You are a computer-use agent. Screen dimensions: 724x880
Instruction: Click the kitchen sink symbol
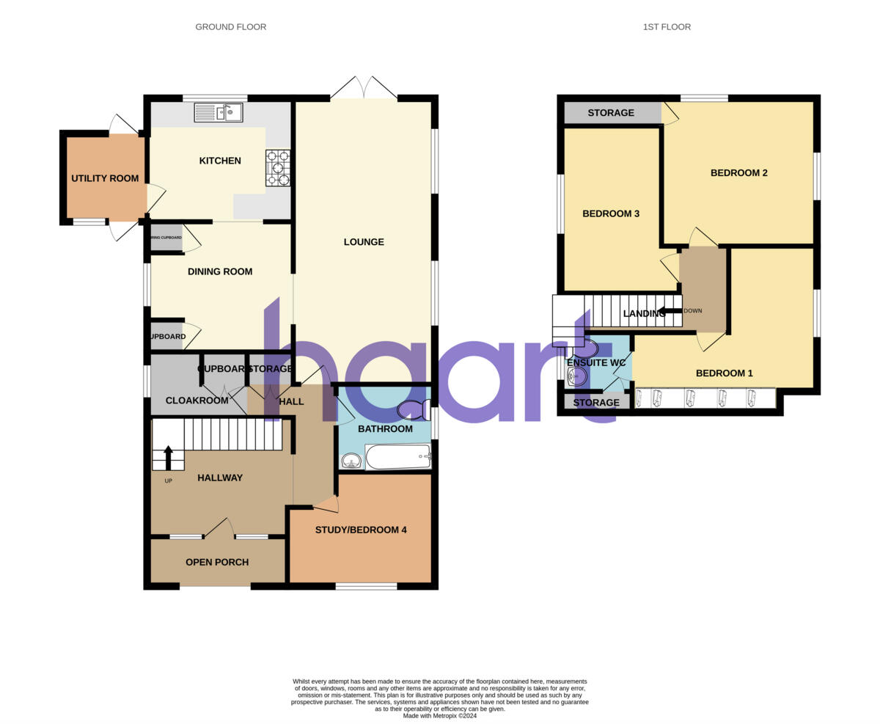pos(218,113)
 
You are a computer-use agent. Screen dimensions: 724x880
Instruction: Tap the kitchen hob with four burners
pos(278,168)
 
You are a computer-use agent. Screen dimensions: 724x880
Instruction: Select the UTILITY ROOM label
pos(105,178)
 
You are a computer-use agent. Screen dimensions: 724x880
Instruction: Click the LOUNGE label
pos(364,242)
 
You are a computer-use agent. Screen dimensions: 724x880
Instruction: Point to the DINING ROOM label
pos(220,271)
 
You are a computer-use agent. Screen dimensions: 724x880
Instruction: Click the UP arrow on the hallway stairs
pos(168,458)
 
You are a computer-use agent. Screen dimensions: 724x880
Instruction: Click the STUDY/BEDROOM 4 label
pos(361,530)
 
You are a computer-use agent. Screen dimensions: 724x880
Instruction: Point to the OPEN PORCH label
pos(217,562)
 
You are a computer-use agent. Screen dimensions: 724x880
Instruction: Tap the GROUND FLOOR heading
pos(230,27)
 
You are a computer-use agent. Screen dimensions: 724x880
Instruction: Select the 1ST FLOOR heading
pos(667,27)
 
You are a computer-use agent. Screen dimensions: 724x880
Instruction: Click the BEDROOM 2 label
pos(738,173)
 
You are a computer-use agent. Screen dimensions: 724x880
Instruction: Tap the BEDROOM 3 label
pos(611,213)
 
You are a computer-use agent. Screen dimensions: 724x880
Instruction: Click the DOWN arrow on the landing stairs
pos(670,310)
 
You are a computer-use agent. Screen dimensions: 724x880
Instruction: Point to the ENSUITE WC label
pos(596,362)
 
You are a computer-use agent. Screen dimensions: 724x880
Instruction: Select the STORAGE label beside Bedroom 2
pos(611,113)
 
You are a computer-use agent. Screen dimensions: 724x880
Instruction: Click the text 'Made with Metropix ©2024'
pos(440,715)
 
